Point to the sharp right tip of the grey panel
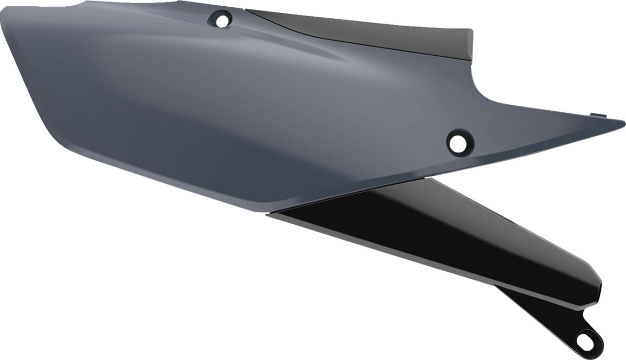click(623, 123)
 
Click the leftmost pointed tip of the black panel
click(268, 213)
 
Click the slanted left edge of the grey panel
click(26, 78)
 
